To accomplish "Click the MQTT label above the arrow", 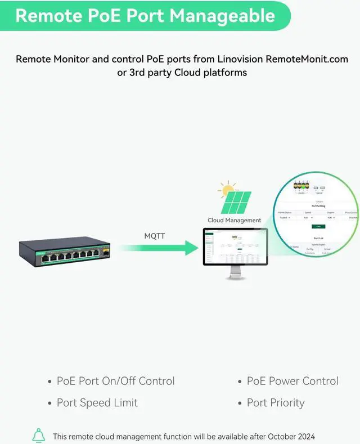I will pos(155,236).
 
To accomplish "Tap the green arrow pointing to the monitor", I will pos(163,248).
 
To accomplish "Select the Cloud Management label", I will pos(235,220).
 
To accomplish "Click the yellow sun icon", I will pos(227,190).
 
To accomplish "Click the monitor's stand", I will pos(236,273).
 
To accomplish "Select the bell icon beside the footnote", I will pos(38,436).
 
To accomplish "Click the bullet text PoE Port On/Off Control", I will pos(115,381).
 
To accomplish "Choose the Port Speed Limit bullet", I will pos(97,403).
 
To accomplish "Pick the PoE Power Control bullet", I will pos(292,381).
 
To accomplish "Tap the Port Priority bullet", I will pos(276,403).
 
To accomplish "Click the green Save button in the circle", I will pos(318,226).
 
